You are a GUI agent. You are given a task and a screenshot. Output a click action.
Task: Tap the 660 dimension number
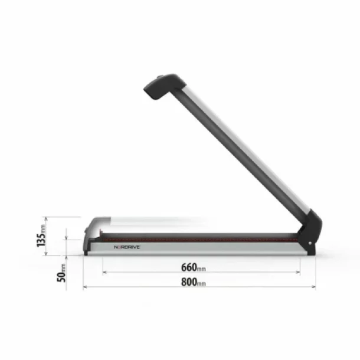(x=189, y=267)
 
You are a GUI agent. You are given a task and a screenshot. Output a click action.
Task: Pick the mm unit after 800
(x=202, y=283)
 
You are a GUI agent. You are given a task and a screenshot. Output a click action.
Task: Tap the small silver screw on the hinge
(x=306, y=241)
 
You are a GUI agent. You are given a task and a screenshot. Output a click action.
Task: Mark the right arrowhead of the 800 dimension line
(x=313, y=287)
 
